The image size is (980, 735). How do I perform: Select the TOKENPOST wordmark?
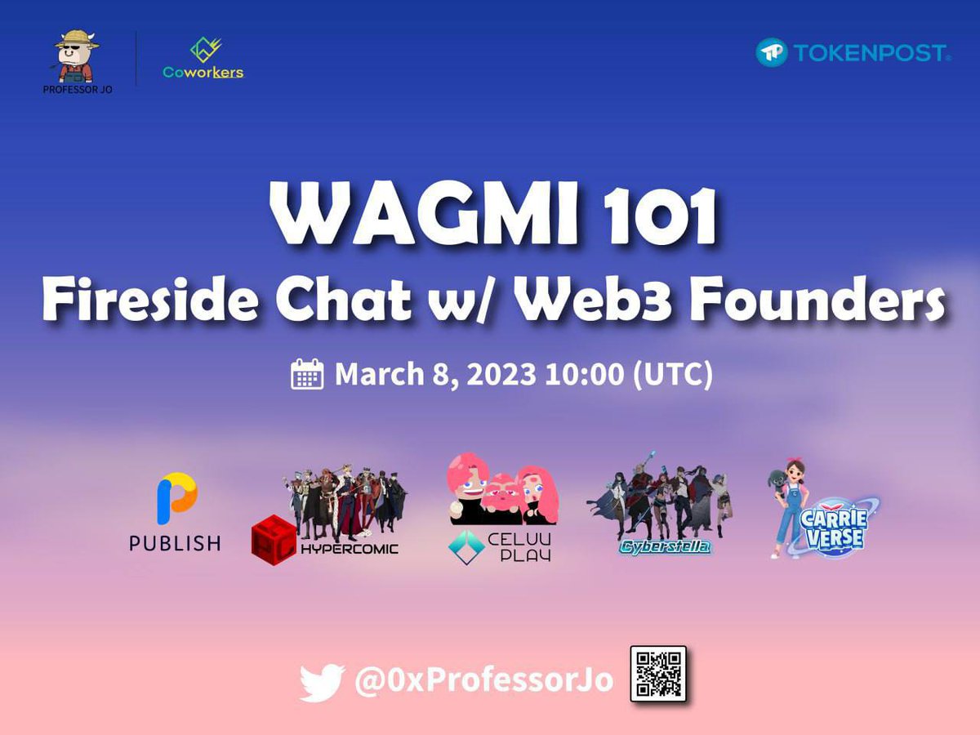pyautogui.click(x=871, y=54)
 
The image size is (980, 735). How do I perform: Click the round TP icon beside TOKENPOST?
pyautogui.click(x=772, y=53)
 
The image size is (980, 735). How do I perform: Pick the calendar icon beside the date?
pyautogui.click(x=308, y=375)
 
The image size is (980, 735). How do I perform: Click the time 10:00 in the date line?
pyautogui.click(x=584, y=375)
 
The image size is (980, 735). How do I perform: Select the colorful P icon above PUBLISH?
pyautogui.click(x=176, y=499)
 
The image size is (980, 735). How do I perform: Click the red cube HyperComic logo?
pyautogui.click(x=274, y=541)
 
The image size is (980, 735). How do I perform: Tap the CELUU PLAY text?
pyautogui.click(x=523, y=546)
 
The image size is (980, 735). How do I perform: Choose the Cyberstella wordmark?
pyautogui.click(x=664, y=546)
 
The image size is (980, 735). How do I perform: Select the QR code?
pyautogui.click(x=658, y=674)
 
